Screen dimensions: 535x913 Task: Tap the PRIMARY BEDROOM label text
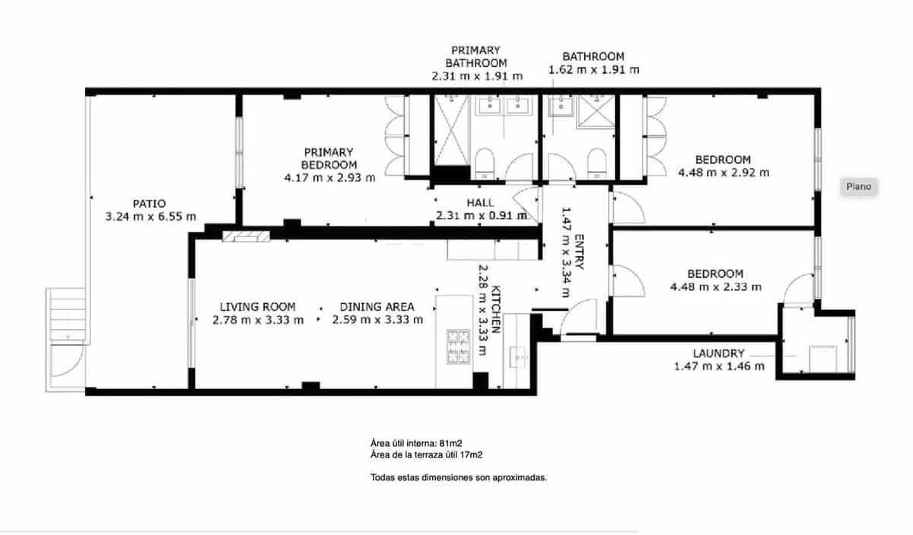[x=329, y=158]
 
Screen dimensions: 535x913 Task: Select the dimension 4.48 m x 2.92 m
[x=723, y=173]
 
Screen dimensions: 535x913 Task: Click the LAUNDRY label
[x=718, y=353]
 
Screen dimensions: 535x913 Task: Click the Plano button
[x=859, y=186]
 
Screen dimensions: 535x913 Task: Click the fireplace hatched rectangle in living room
[x=246, y=236]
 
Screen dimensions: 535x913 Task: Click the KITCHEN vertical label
[x=495, y=309]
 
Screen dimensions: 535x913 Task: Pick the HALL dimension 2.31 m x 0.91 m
[x=481, y=216]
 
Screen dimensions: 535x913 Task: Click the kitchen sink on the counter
[x=521, y=356]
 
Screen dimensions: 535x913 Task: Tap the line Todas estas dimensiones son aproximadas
[x=459, y=478]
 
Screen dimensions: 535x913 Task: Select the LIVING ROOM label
[x=257, y=306]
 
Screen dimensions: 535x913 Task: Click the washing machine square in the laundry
[x=822, y=358]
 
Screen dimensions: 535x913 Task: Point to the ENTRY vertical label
[x=579, y=252]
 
